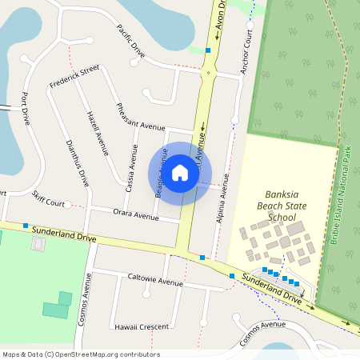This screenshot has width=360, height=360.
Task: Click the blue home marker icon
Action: tap(180, 172)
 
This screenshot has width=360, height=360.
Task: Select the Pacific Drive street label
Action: tap(130, 41)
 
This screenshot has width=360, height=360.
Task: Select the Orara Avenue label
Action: tap(135, 215)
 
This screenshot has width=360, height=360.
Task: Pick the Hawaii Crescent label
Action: tap(141, 327)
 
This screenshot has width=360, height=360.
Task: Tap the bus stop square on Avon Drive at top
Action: tap(208, 50)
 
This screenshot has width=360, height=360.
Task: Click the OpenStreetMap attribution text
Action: tap(81, 354)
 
